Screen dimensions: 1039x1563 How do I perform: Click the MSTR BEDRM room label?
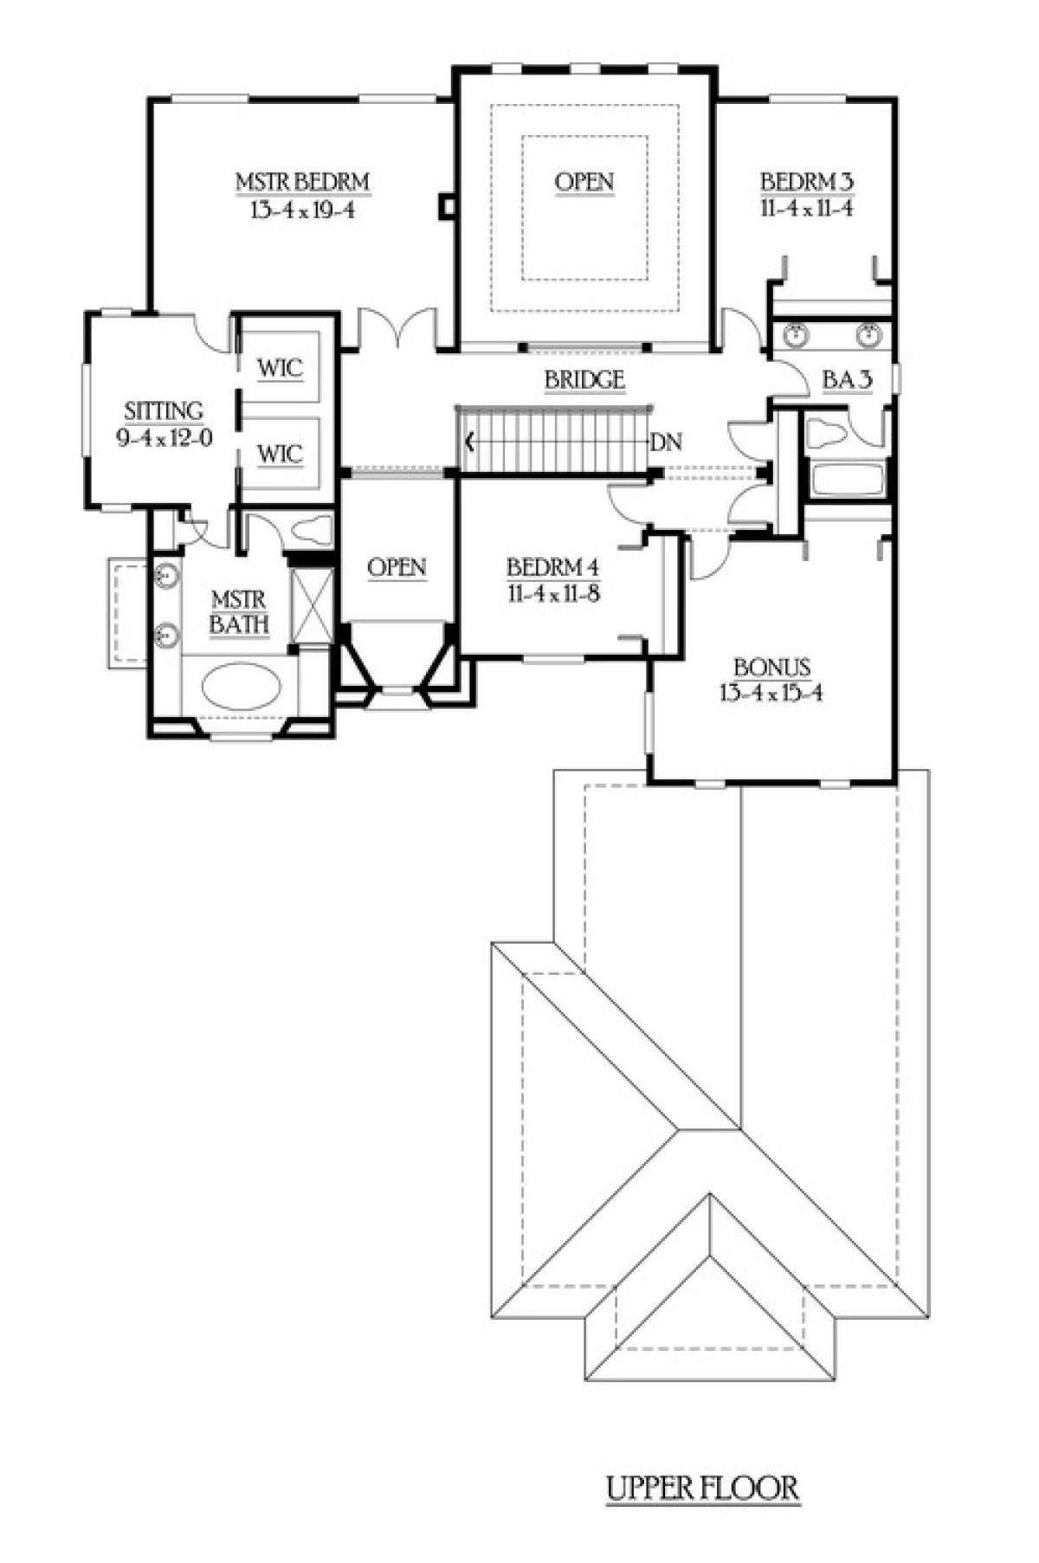(303, 183)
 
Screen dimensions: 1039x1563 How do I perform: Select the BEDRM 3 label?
(807, 183)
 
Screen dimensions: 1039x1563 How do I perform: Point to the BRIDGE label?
(584, 379)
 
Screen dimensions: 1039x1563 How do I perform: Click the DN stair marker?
(666, 442)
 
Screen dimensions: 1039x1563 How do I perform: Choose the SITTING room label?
(164, 410)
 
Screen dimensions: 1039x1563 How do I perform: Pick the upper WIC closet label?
(280, 368)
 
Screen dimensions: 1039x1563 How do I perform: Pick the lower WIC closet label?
(280, 453)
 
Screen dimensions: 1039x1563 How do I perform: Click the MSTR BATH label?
(239, 611)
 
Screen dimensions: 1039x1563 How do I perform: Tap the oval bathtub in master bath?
(242, 689)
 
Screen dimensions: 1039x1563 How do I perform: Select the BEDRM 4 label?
(552, 568)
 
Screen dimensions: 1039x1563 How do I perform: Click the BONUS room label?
(771, 668)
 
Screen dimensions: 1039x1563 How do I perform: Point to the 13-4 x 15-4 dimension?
(771, 693)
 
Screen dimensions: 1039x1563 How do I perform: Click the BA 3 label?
(847, 379)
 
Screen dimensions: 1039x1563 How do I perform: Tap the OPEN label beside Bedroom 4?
(397, 568)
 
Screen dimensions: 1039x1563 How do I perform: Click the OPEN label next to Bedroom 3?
(584, 183)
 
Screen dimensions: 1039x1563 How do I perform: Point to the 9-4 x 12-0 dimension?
(164, 437)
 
